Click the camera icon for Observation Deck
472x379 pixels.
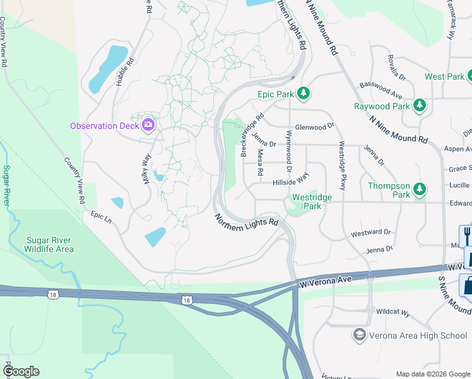tap(148, 124)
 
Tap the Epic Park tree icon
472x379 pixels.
tap(304, 93)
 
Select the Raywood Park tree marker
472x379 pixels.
tap(419, 106)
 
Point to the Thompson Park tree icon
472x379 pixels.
tap(419, 188)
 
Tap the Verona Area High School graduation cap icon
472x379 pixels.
tap(359, 335)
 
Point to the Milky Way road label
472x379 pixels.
tap(146, 167)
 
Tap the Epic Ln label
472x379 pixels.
tap(100, 216)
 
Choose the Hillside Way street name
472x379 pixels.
tap(290, 181)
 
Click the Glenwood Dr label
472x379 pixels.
tap(314, 126)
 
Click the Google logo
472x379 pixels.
tap(21, 371)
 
